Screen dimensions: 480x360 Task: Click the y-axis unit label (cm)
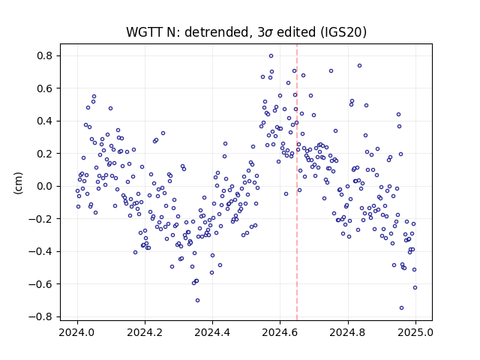(18, 183)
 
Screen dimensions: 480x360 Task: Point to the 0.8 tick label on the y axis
(45, 56)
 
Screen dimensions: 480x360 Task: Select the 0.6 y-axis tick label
(45, 88)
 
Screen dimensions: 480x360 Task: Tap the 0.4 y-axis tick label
(45, 121)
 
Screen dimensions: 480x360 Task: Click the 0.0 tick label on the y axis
(45, 186)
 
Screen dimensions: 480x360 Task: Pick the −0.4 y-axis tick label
(40, 251)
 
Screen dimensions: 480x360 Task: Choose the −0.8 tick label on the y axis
(40, 316)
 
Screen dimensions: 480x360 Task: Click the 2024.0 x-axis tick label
(77, 332)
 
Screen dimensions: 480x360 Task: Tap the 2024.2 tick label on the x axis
(145, 332)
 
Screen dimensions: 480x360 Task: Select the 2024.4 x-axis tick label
(212, 332)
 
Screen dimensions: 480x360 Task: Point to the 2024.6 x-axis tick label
(280, 332)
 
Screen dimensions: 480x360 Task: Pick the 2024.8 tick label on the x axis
(347, 332)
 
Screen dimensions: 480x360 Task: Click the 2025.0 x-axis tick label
(415, 332)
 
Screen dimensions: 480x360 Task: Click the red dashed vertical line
(297, 182)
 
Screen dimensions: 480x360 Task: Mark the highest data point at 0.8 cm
(271, 56)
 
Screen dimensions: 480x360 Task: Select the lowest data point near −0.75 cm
(402, 308)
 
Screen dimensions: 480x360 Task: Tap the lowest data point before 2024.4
(197, 300)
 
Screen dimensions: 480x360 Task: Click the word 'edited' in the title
(295, 32)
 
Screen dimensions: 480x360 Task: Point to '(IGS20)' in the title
(343, 32)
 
